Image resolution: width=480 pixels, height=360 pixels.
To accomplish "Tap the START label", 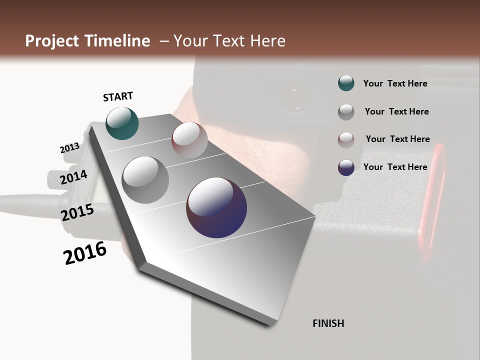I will click(118, 96).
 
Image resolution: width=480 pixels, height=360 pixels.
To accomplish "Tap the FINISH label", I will click(328, 323).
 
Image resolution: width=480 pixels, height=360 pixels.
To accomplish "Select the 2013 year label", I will click(69, 148).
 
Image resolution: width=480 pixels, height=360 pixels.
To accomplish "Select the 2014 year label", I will click(73, 177).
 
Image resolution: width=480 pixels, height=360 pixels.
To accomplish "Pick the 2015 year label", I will click(77, 212).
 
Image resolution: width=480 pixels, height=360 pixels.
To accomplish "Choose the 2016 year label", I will click(85, 253).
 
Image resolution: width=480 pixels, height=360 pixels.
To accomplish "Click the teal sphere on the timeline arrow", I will click(122, 123).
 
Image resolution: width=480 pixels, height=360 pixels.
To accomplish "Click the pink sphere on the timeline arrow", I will click(189, 140).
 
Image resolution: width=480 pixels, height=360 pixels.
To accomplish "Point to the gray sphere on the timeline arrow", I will click(145, 180).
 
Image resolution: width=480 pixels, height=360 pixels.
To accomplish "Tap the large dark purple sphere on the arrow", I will click(216, 207).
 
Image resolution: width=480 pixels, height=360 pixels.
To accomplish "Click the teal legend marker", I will click(346, 83).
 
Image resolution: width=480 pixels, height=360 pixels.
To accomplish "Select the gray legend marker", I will click(346, 111).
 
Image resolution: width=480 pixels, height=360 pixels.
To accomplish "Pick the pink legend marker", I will click(346, 139).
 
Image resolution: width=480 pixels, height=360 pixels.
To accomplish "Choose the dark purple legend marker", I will click(346, 167).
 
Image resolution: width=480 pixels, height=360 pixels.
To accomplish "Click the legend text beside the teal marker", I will click(395, 83).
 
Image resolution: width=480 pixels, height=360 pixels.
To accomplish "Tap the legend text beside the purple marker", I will click(395, 167).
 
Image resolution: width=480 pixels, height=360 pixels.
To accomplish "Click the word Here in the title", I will click(268, 41).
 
